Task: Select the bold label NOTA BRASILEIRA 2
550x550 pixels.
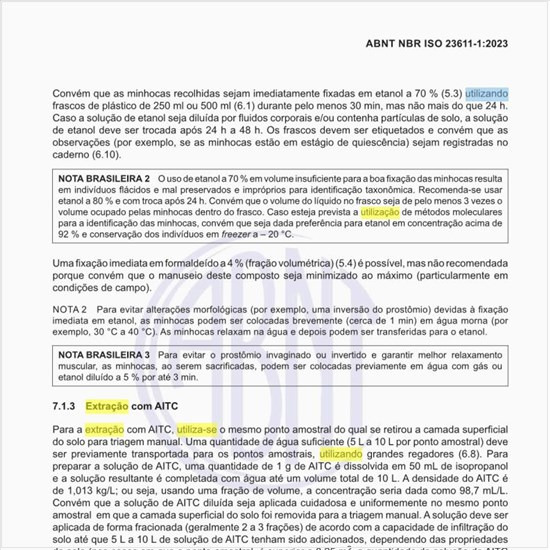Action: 104,178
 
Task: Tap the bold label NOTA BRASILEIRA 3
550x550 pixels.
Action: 104,354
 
